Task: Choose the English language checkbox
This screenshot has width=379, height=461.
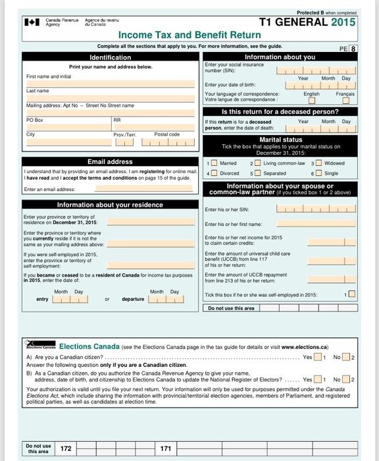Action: pyautogui.click(x=312, y=101)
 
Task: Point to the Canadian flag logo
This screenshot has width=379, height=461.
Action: pyautogui.click(x=32, y=22)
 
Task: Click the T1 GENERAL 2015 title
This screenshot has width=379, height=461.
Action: pyautogui.click(x=307, y=22)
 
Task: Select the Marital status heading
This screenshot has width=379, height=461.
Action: pyautogui.click(x=280, y=140)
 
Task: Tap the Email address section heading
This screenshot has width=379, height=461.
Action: pyautogui.click(x=111, y=161)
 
